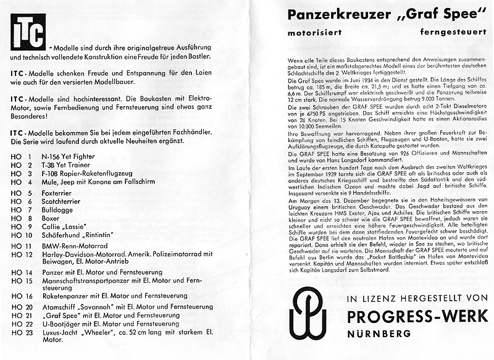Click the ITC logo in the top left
pyautogui.click(x=28, y=31)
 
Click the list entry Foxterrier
pyautogui.click(x=59, y=193)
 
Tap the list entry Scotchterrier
pyautogui.click(x=64, y=201)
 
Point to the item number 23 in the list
pyautogui.click(x=28, y=331)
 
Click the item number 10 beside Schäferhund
pyautogui.click(x=28, y=236)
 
